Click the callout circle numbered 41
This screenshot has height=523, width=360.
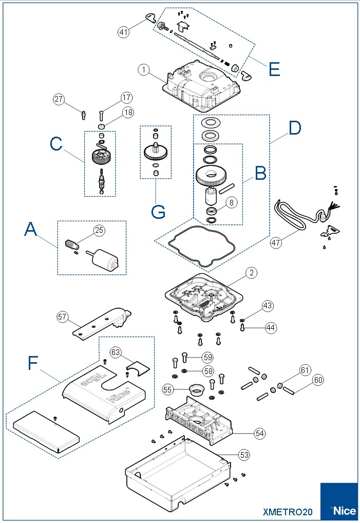pos(123,32)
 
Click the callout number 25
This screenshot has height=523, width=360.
pos(99,231)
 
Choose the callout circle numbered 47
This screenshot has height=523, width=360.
pos(276,242)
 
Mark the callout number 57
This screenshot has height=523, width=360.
pos(63,318)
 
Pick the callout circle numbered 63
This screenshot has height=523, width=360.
pos(115,352)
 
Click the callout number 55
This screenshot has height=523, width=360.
pos(168,390)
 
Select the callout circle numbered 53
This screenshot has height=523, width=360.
pos(244,454)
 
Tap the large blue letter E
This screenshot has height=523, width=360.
pos(274,69)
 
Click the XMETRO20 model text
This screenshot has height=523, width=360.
pos(287,512)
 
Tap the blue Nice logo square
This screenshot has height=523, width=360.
pos(339,501)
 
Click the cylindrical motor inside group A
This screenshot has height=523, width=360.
pos(107,259)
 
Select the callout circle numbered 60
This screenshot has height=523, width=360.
pos(318,380)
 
